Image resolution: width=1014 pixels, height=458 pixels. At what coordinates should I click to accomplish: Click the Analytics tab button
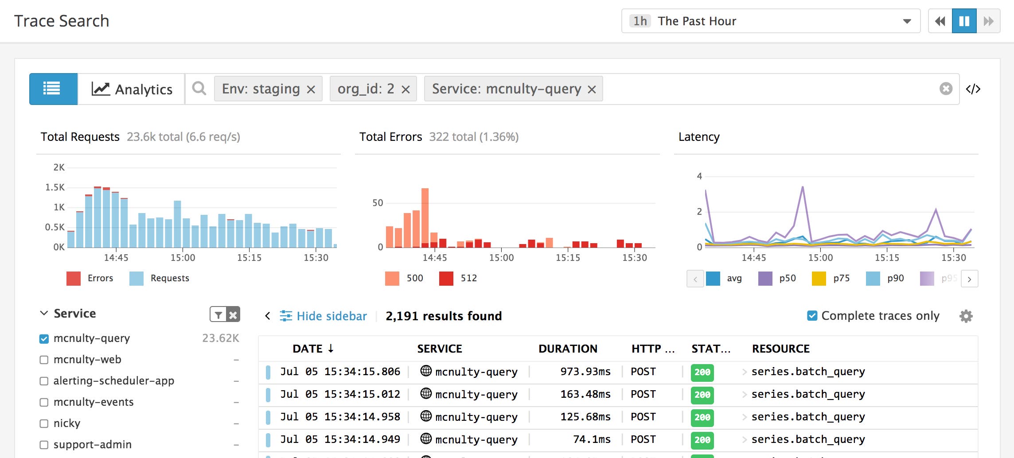pyautogui.click(x=132, y=89)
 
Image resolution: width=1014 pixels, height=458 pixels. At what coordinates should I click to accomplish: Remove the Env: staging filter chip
pyautogui.click(x=311, y=89)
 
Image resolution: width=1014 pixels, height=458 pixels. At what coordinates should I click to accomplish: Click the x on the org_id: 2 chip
pyautogui.click(x=406, y=89)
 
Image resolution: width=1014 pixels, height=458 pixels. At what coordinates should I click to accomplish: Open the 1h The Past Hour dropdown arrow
pyautogui.click(x=907, y=21)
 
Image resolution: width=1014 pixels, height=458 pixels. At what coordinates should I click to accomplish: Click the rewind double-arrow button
pyautogui.click(x=940, y=21)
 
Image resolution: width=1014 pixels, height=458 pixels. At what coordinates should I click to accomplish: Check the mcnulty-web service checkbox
pyautogui.click(x=44, y=360)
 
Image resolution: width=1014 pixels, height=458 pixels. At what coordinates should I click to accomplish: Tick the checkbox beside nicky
pyautogui.click(x=44, y=423)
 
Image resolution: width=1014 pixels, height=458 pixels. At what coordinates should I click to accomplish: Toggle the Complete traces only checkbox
pyautogui.click(x=812, y=316)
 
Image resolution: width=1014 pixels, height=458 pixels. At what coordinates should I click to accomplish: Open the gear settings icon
pyautogui.click(x=966, y=316)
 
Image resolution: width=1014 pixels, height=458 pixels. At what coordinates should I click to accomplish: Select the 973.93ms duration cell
pyautogui.click(x=585, y=372)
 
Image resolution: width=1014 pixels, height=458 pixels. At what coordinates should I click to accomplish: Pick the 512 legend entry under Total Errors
pyautogui.click(x=458, y=278)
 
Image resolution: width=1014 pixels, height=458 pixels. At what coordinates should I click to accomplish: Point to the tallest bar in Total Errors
pyautogui.click(x=425, y=217)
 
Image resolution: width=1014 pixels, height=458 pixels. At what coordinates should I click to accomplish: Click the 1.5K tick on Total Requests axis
pyautogui.click(x=55, y=187)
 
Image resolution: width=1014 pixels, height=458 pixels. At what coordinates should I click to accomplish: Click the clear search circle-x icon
pyautogui.click(x=946, y=89)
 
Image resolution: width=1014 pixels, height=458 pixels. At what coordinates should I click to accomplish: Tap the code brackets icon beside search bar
pyautogui.click(x=973, y=89)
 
